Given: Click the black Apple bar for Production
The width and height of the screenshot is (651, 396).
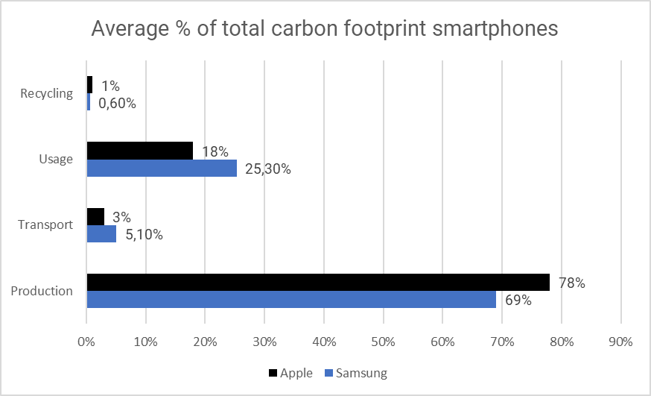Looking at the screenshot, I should click(318, 283).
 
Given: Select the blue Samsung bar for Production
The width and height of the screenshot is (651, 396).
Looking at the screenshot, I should click(291, 300).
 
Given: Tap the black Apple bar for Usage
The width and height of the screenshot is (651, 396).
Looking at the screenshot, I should click(140, 151).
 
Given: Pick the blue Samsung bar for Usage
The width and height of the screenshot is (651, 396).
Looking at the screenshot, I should click(162, 168).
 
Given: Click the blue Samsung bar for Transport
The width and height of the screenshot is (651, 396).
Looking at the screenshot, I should click(101, 234).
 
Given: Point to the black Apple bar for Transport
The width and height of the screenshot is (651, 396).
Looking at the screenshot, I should click(95, 217).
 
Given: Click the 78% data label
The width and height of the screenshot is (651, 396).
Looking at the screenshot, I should click(572, 283).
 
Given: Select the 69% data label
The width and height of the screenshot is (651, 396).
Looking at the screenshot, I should click(518, 301).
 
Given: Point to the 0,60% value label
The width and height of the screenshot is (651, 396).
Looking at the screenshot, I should click(117, 104).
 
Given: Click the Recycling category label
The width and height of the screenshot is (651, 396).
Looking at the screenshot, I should click(47, 93).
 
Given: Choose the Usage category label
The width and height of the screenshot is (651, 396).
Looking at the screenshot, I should click(56, 159).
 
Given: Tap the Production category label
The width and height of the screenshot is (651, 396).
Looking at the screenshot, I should click(42, 291).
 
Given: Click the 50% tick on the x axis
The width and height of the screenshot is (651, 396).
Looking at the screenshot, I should click(383, 342).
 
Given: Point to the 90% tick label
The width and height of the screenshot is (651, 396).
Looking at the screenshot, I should click(620, 342).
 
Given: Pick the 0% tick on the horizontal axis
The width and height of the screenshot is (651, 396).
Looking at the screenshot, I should click(86, 342).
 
